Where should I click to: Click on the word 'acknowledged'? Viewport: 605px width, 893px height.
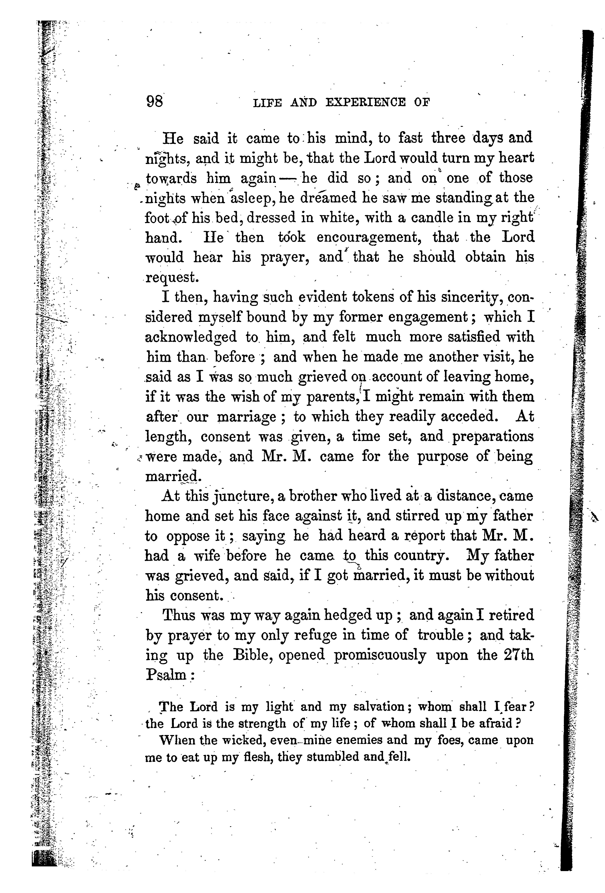click(191, 337)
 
